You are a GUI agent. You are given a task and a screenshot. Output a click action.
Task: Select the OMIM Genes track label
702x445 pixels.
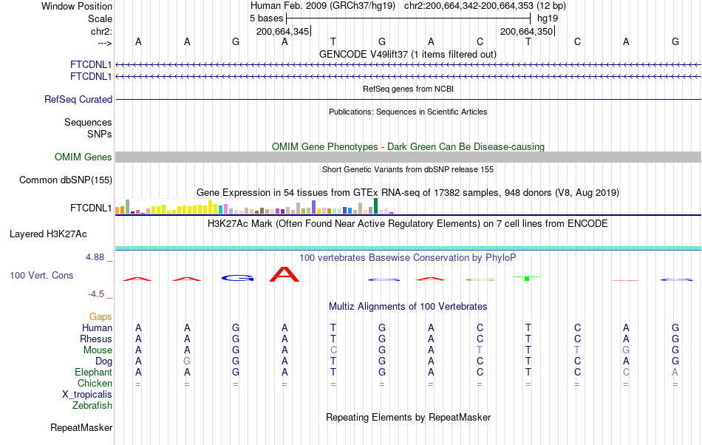click(x=83, y=157)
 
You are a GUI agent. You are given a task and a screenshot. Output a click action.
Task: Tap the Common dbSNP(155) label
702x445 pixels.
click(x=66, y=180)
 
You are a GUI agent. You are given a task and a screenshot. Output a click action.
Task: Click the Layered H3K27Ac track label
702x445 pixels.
click(x=48, y=234)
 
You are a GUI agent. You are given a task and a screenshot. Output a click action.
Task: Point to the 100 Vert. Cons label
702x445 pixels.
click(x=41, y=275)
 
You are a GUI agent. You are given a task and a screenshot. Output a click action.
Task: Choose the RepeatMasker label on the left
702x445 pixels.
click(x=81, y=427)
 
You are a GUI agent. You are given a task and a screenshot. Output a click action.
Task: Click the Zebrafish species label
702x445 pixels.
click(x=92, y=405)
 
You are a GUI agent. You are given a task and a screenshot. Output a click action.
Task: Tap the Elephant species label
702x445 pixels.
click(x=93, y=372)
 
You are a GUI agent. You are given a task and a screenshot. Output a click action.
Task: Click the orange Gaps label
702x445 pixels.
click(x=100, y=316)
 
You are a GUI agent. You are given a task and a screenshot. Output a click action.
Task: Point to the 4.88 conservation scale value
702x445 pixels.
click(x=98, y=257)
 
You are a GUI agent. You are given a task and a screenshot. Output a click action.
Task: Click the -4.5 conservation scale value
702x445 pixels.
click(x=99, y=293)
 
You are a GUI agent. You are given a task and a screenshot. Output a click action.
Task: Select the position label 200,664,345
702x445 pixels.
click(x=283, y=31)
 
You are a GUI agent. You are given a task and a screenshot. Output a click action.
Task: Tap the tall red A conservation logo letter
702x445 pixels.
click(x=284, y=274)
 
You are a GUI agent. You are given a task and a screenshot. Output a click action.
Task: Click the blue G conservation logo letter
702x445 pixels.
click(x=237, y=278)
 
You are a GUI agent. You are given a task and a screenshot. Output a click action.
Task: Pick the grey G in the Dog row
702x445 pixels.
click(x=187, y=361)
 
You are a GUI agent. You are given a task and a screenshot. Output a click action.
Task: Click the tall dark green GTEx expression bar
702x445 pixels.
click(x=376, y=205)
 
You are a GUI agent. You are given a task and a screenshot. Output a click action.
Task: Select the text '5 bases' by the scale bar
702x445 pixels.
click(x=265, y=17)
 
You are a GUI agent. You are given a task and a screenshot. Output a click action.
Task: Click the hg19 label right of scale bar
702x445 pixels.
click(x=548, y=17)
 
